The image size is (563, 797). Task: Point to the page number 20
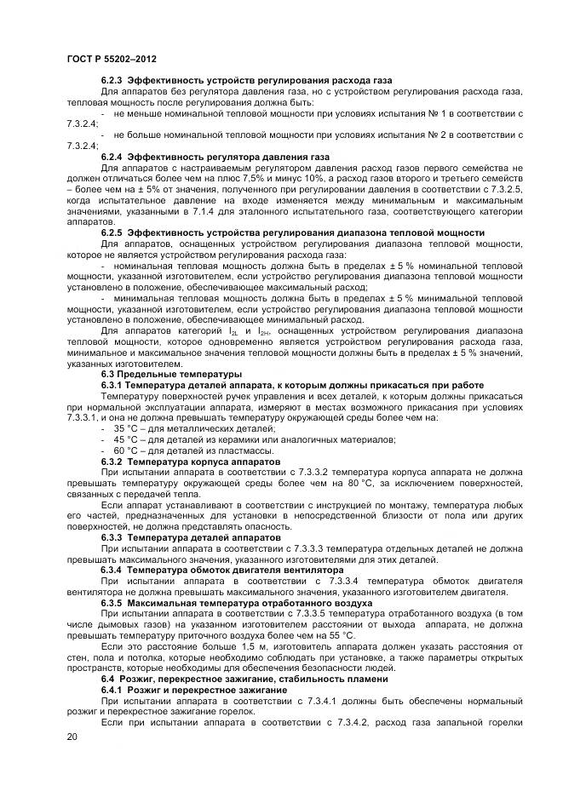click(x=72, y=737)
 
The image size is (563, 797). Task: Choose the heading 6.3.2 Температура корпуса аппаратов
click(x=190, y=461)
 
